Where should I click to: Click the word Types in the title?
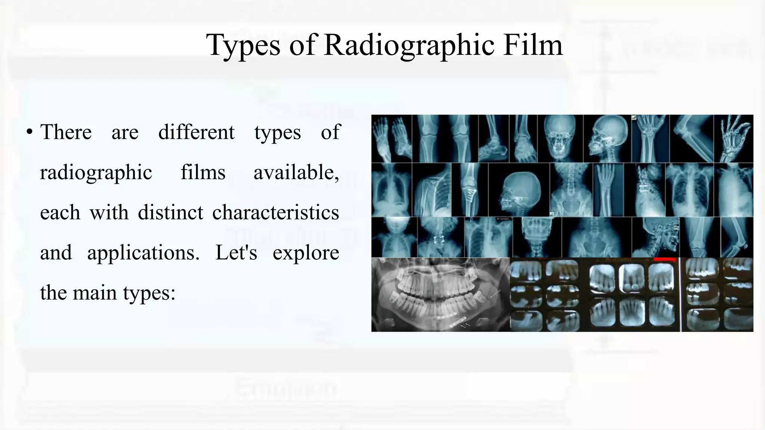[x=243, y=45]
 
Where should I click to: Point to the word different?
[x=196, y=132]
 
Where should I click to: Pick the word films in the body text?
[x=203, y=172]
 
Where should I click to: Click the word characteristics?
[x=275, y=212]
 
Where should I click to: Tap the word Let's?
[x=236, y=253]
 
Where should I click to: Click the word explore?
[x=306, y=253]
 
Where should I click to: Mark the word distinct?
[x=171, y=212]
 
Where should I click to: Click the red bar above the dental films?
[x=665, y=259]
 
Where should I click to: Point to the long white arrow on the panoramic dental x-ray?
[x=495, y=294]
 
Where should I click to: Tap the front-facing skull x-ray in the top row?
[x=560, y=138]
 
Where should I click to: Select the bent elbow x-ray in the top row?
[x=691, y=138]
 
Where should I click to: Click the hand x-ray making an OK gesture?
[x=733, y=138]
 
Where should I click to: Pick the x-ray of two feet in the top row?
[x=391, y=138]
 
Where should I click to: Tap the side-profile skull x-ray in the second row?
[x=518, y=190]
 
